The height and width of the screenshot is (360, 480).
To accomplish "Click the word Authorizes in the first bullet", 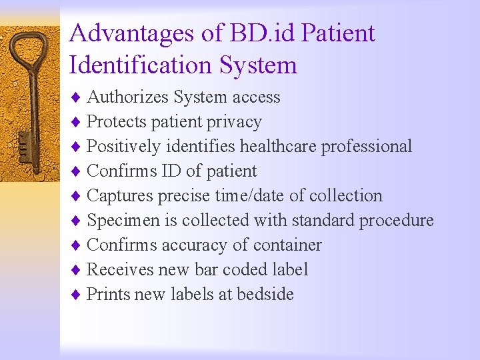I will [x=127, y=97].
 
